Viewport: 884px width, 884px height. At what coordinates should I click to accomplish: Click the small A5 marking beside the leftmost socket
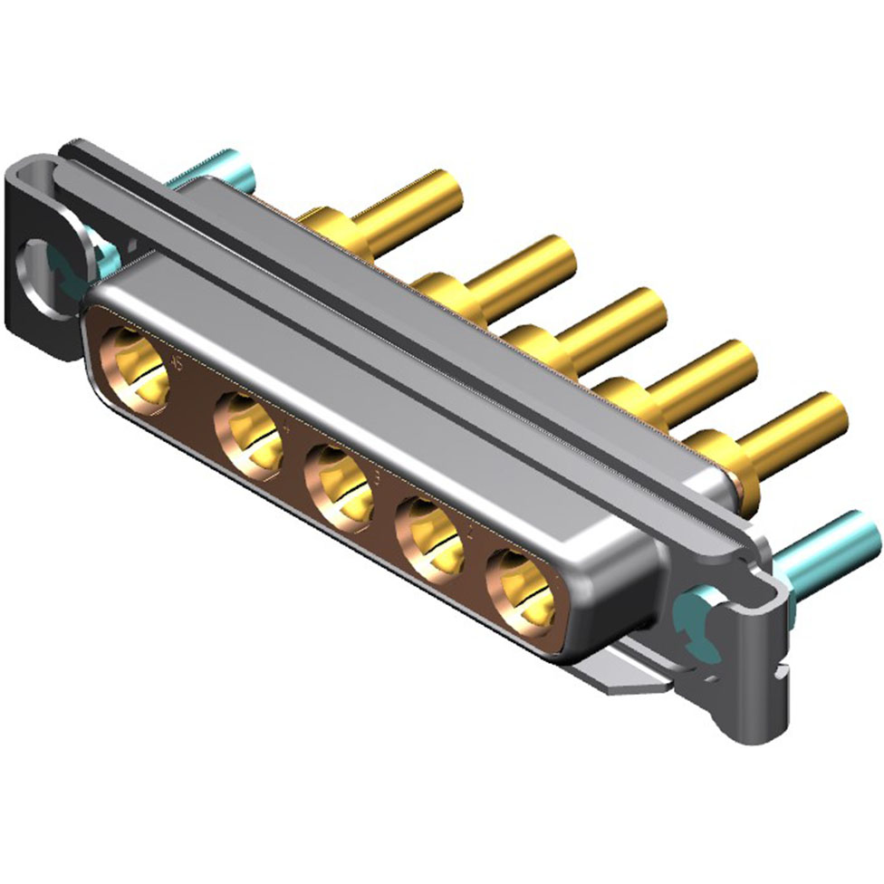point(177,364)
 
